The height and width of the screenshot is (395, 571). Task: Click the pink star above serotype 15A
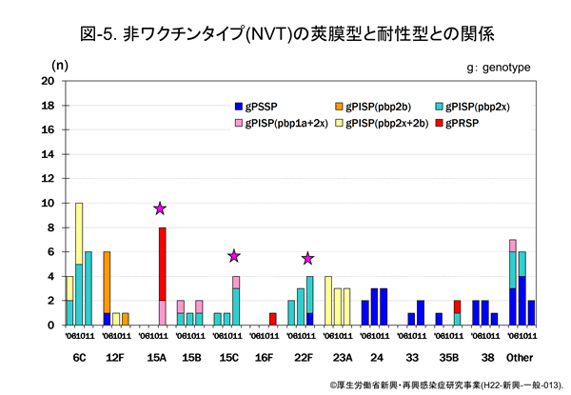(x=160, y=208)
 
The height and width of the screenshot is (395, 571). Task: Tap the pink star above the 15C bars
(x=233, y=255)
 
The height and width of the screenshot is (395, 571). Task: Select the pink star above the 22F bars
(x=307, y=258)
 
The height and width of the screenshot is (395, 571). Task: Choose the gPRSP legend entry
(x=481, y=123)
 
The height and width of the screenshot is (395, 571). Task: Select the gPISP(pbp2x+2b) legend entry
(x=376, y=123)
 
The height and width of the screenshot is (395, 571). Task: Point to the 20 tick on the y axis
(x=48, y=81)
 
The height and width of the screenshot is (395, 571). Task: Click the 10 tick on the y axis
(x=48, y=203)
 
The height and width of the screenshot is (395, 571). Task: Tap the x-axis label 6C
(x=79, y=357)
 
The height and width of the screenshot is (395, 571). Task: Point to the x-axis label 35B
(x=447, y=357)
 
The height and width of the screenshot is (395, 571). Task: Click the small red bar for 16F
(x=273, y=319)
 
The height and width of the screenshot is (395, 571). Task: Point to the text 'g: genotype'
(x=499, y=68)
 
